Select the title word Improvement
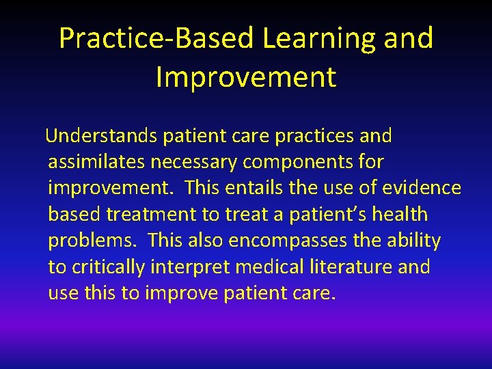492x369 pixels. [x=246, y=77]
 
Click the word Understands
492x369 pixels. [x=102, y=136]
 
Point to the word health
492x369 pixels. [x=402, y=215]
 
